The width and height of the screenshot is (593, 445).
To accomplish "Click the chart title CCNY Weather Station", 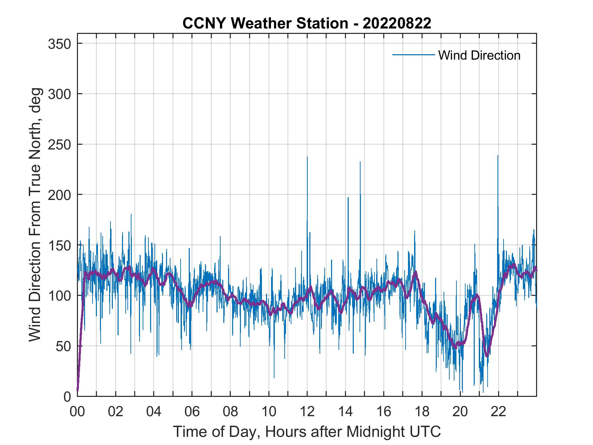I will (x=307, y=23).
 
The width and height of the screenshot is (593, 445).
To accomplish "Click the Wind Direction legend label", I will (x=479, y=55).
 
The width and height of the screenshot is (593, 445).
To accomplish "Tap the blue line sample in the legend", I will (x=413, y=55).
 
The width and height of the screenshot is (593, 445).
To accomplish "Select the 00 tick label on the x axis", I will (x=77, y=412).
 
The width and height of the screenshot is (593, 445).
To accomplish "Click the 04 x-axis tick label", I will (x=154, y=412).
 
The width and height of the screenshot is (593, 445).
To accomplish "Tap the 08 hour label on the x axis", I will (x=230, y=412).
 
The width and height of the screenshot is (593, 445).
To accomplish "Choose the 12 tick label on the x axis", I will (x=307, y=412).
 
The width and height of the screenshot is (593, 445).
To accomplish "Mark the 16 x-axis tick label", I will (x=384, y=412).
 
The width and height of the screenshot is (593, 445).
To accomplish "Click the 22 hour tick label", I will (x=498, y=412).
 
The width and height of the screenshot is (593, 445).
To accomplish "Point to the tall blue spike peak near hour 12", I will (x=307, y=157).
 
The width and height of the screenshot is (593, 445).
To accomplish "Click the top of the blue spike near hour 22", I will (x=497, y=156).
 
